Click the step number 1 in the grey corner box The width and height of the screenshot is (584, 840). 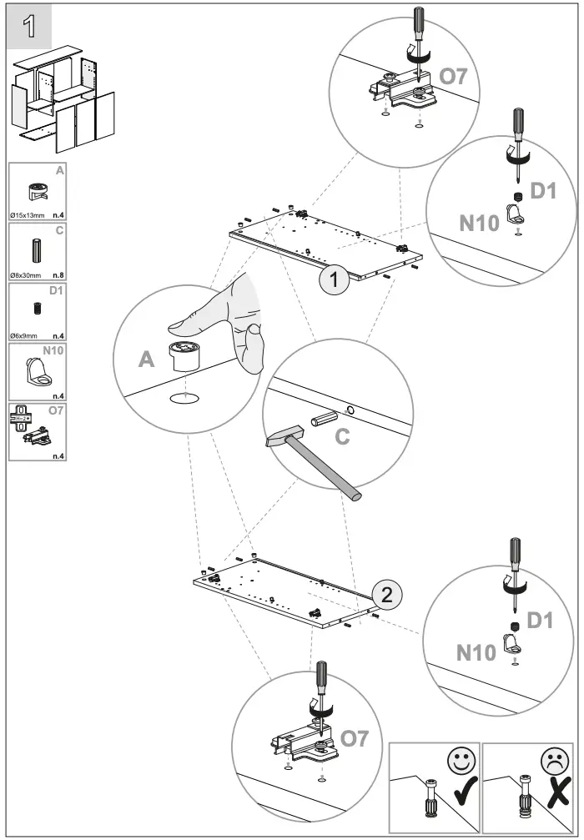[x=29, y=26]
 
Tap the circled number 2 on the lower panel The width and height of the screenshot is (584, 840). [x=385, y=595]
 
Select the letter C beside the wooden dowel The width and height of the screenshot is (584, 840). [x=342, y=437]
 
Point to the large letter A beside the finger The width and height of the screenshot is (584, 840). [x=147, y=359]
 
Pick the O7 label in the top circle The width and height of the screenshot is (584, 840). [x=455, y=77]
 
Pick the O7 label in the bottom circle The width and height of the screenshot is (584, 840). [x=355, y=737]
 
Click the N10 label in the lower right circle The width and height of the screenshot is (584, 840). [x=476, y=651]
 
